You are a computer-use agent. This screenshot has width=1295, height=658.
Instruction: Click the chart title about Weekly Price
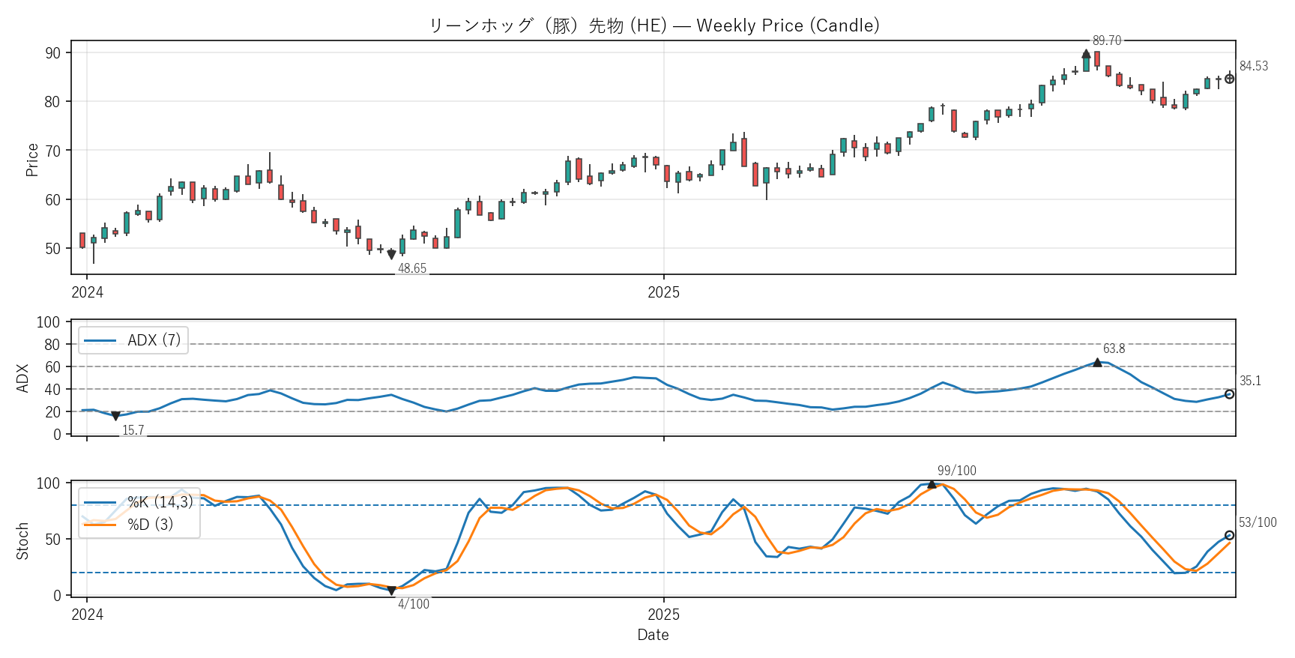653,25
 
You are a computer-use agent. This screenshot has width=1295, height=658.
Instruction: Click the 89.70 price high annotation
1106,40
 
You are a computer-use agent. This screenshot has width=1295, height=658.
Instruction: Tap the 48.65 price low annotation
412,268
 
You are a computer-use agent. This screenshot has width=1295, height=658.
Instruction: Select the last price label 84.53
1253,66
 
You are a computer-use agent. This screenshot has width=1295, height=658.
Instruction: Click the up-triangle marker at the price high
1086,54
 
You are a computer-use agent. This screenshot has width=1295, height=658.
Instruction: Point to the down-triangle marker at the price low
391,255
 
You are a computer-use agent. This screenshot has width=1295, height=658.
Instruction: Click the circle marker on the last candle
1229,79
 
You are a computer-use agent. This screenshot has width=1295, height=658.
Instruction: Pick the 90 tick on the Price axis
52,53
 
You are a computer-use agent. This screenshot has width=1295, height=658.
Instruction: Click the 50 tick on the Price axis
52,249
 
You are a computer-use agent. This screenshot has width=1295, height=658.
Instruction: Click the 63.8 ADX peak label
1114,348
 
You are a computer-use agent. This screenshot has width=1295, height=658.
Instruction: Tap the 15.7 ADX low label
133,430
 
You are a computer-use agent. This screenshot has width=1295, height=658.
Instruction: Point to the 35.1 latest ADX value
1250,381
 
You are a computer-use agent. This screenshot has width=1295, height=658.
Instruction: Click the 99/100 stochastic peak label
956,471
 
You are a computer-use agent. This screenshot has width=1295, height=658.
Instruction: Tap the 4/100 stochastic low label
414,604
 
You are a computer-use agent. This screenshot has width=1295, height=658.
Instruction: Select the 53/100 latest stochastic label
1258,522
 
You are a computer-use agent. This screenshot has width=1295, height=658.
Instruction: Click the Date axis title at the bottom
653,635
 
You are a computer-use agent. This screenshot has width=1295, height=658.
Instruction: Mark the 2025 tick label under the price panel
663,293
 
